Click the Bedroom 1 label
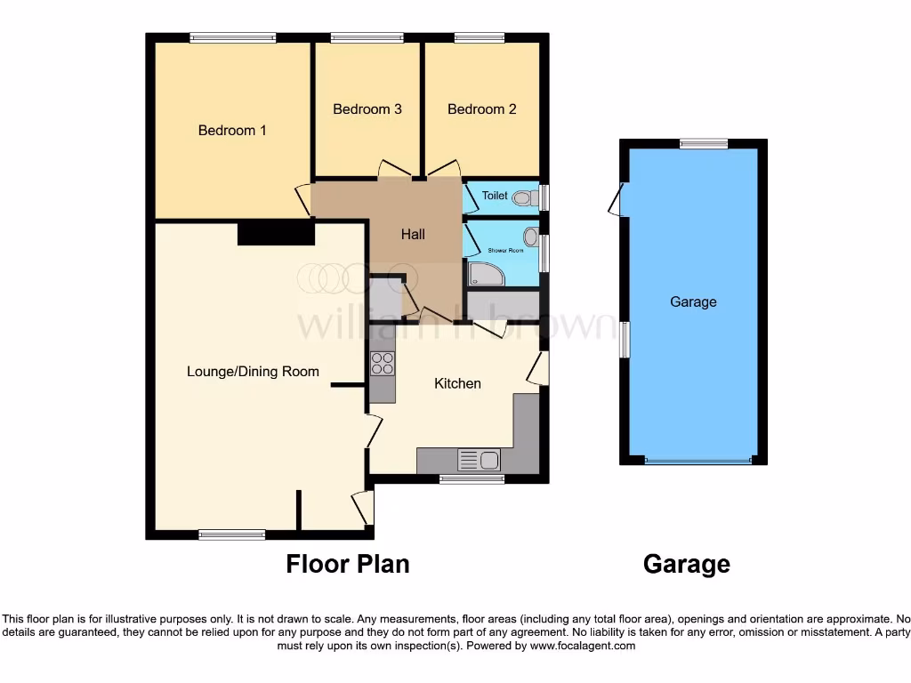click(x=232, y=131)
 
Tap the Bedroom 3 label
click(x=367, y=109)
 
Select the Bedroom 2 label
click(x=481, y=109)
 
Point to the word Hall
click(x=413, y=235)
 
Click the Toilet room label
click(x=495, y=196)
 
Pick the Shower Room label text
click(x=505, y=251)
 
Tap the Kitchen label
click(x=457, y=383)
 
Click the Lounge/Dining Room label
click(x=253, y=372)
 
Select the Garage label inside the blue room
click(x=693, y=302)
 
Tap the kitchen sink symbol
click(x=479, y=460)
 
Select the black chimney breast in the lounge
click(x=276, y=233)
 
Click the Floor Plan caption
click(x=348, y=564)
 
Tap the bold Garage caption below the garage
click(x=686, y=564)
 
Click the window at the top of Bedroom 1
click(x=233, y=37)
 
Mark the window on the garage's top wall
click(x=704, y=143)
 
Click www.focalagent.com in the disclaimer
click(x=583, y=647)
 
